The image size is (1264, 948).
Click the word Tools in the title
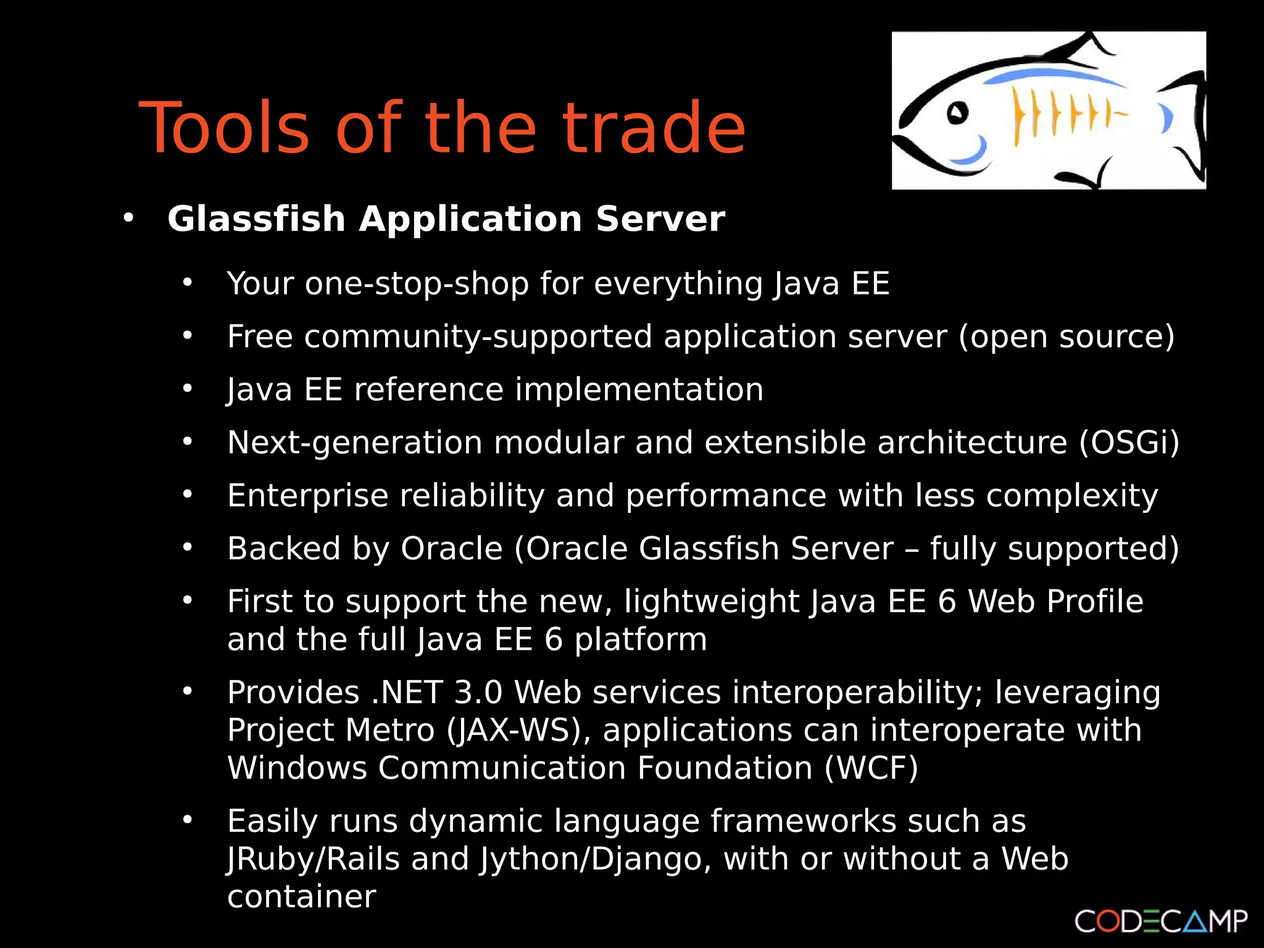pos(224,128)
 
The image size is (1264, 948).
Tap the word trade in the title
pos(654,128)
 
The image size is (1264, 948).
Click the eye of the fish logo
pos(957,113)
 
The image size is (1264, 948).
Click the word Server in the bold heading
pos(660,219)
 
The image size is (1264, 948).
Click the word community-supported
pos(478,337)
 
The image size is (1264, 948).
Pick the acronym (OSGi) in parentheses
pos(1129,443)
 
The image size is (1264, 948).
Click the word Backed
pos(284,549)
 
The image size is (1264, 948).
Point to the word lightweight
pos(712,602)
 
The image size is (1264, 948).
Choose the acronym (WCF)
pos(871,768)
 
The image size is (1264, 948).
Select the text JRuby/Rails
pos(314,859)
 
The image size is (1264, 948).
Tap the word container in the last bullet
pos(301,897)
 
